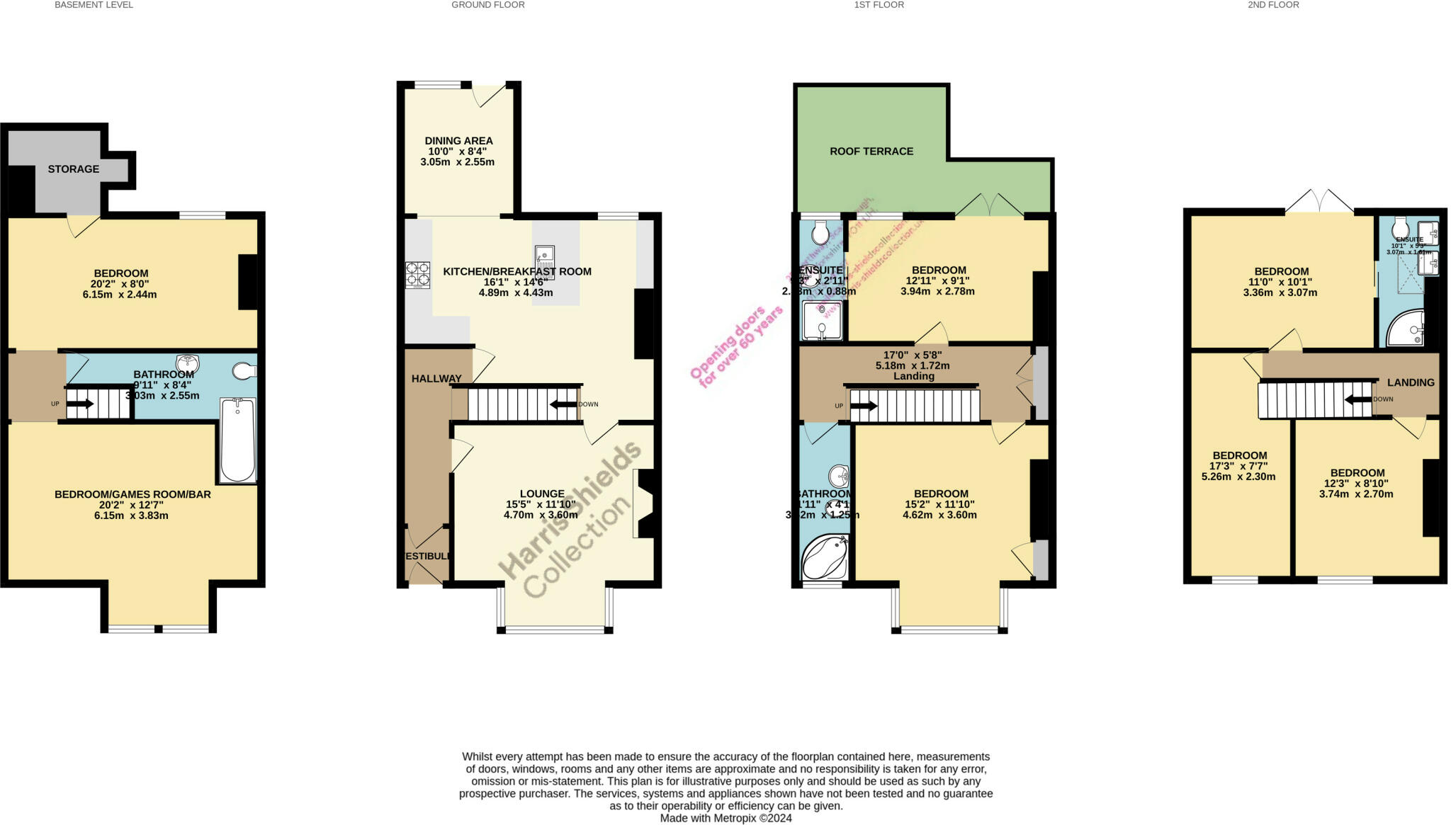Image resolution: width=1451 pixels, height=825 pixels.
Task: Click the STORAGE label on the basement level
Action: pos(73,169)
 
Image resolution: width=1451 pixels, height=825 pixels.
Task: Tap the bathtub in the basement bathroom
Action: pos(237,440)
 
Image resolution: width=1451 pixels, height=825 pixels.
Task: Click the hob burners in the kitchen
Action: pos(417,275)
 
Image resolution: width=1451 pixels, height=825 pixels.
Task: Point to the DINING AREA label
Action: pos(458,141)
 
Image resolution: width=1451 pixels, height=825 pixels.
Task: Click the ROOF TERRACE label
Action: pos(871,152)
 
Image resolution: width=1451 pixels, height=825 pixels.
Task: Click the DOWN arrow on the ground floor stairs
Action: pos(564,404)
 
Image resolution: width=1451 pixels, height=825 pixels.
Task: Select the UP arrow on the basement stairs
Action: pos(80,404)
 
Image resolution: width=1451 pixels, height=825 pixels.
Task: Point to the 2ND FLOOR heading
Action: pos(1273,5)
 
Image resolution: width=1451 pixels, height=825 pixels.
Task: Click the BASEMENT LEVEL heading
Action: pos(94,5)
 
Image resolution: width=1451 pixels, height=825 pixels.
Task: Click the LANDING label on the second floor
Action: pos(1410,382)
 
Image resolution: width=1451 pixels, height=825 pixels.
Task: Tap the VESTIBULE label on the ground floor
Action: pos(427,557)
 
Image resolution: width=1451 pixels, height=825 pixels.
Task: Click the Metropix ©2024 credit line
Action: pos(725,818)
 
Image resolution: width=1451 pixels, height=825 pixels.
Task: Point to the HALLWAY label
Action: pos(436,379)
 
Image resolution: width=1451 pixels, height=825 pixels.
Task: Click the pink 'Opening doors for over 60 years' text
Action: pos(737,347)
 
